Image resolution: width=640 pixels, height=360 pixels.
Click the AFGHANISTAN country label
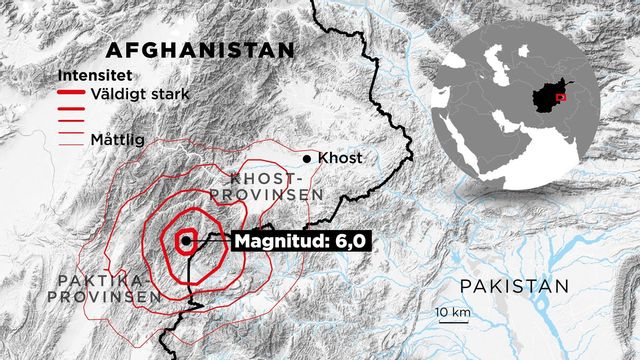point(200,50)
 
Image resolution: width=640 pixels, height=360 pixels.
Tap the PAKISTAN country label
point(514,287)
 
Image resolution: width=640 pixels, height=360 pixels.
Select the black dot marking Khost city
point(308,159)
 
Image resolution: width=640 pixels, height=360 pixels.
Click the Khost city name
point(339,158)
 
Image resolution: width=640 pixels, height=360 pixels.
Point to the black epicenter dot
point(186,240)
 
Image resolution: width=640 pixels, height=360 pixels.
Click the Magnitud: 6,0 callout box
point(290,241)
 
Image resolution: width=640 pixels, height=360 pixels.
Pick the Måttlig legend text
point(116,139)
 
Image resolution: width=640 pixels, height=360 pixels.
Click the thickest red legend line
point(72,92)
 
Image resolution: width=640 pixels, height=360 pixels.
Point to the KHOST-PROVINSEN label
point(268,184)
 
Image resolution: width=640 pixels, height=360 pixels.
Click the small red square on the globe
point(561,98)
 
